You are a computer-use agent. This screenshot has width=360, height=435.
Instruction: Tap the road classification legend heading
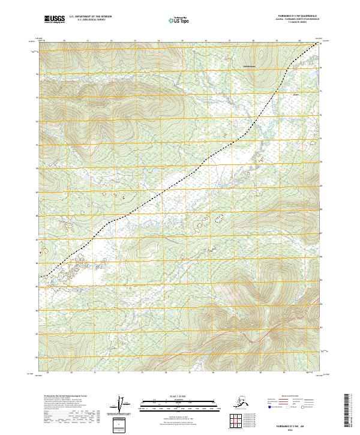[294, 397]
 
